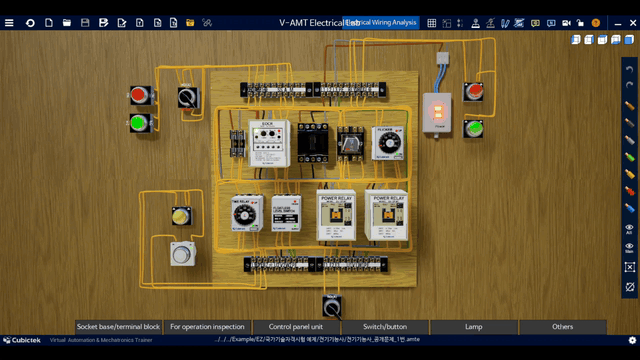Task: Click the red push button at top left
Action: pyautogui.click(x=138, y=96)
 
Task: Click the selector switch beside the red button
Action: pyautogui.click(x=187, y=97)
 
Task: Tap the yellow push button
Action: pyautogui.click(x=180, y=216)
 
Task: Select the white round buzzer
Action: pyautogui.click(x=181, y=253)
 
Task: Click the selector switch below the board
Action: pyautogui.click(x=332, y=305)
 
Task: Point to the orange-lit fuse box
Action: pyautogui.click(x=435, y=112)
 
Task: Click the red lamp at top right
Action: pyautogui.click(x=474, y=94)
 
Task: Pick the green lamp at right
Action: pyautogui.click(x=474, y=128)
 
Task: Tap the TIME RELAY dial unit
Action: pyautogui.click(x=244, y=212)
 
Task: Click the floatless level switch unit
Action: pyautogui.click(x=289, y=212)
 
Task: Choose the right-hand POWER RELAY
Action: pyautogui.click(x=385, y=214)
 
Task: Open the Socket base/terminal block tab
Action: pyautogui.click(x=118, y=327)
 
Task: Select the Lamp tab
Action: pyautogui.click(x=473, y=327)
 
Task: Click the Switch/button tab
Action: pyautogui.click(x=385, y=327)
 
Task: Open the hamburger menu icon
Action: pyautogui.click(x=10, y=22)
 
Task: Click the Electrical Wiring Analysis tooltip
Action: pyautogui.click(x=381, y=22)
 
